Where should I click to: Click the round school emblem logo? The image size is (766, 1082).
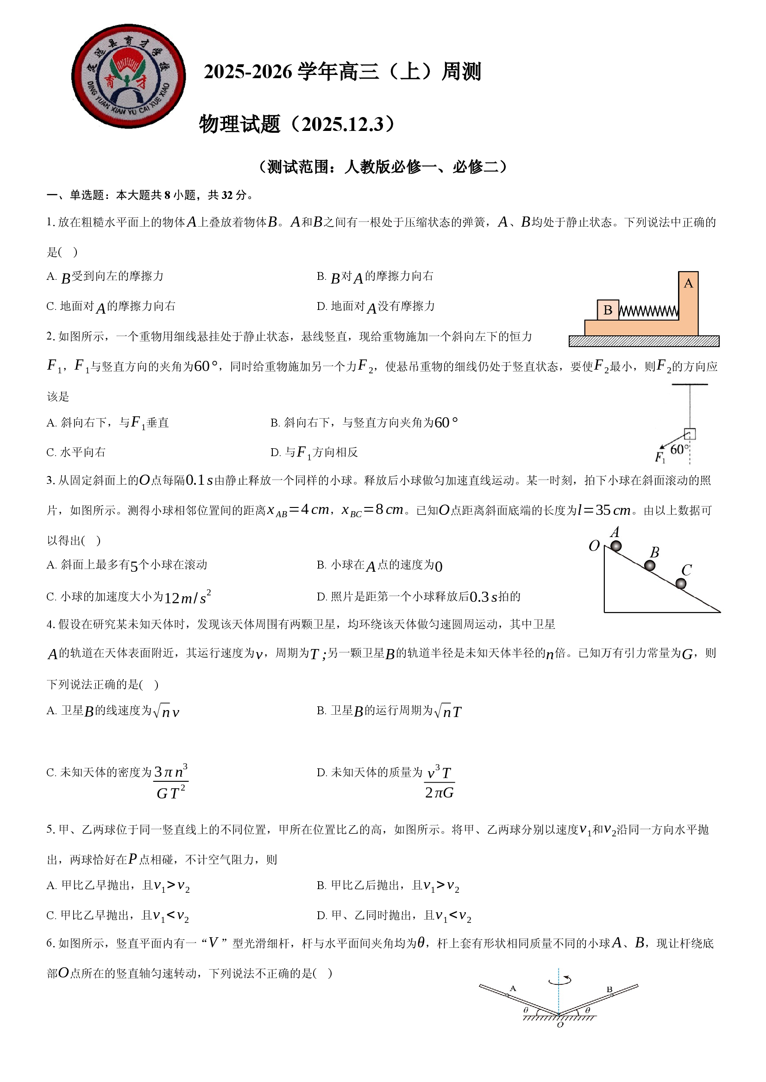click(128, 76)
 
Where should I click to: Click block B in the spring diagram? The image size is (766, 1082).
click(608, 310)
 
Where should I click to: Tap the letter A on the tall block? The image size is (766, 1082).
click(688, 283)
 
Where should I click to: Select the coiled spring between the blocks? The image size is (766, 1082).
click(648, 311)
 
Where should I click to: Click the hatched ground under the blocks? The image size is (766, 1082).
click(644, 341)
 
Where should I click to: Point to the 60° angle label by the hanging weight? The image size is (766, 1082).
click(679, 449)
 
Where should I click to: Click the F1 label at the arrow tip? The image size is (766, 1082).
click(660, 457)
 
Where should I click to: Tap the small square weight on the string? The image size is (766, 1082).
click(690, 433)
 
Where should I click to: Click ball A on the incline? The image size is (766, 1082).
click(616, 546)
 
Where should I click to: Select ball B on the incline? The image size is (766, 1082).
click(649, 565)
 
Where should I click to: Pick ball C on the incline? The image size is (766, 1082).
click(681, 584)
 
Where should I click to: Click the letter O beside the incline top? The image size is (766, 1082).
click(594, 545)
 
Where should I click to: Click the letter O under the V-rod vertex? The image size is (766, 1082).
click(560, 1025)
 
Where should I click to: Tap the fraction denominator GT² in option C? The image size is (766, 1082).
click(171, 793)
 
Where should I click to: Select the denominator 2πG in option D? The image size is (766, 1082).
click(439, 793)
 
